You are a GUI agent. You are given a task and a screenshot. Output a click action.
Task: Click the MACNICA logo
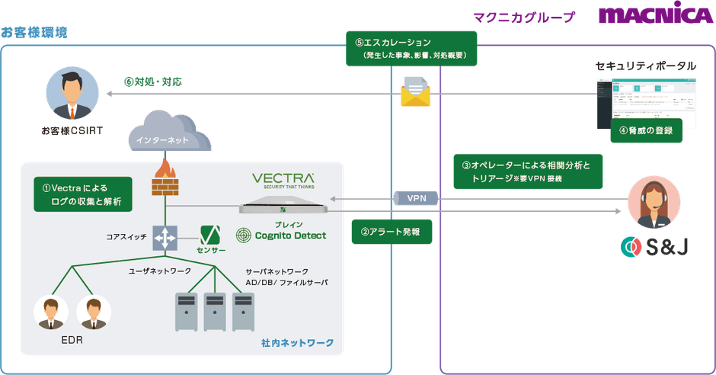tap(655, 16)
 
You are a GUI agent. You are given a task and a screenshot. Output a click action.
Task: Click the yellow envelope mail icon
tap(415, 92)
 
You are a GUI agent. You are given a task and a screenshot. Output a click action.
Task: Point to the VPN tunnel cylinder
tap(417, 198)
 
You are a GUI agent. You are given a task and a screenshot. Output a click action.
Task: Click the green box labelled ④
tap(646, 130)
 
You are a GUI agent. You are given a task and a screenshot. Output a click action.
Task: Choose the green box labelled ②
tap(391, 231)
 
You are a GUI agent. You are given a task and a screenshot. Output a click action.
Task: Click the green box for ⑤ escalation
tap(410, 49)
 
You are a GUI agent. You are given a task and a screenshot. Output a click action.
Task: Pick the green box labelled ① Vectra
tap(82, 194)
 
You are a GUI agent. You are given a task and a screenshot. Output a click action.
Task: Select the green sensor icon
tap(211, 236)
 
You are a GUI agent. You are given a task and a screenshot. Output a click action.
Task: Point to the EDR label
tap(72, 340)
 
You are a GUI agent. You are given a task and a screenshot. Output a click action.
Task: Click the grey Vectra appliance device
tap(283, 205)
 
